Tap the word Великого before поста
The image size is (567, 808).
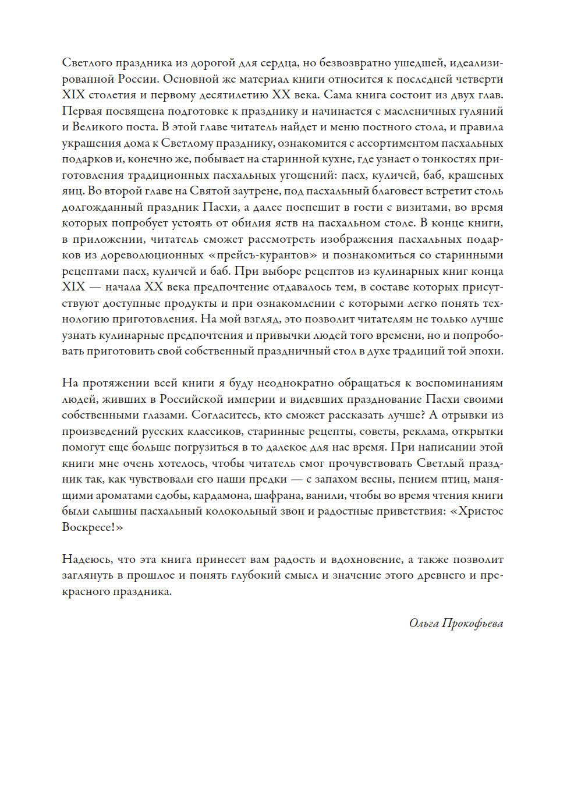[x=98, y=127]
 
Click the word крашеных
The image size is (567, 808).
[x=476, y=175]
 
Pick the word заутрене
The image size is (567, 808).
[x=227, y=191]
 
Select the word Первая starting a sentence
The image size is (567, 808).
[x=82, y=111]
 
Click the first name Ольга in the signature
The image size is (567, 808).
[x=423, y=623]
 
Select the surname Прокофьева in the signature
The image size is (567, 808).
[x=473, y=623]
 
